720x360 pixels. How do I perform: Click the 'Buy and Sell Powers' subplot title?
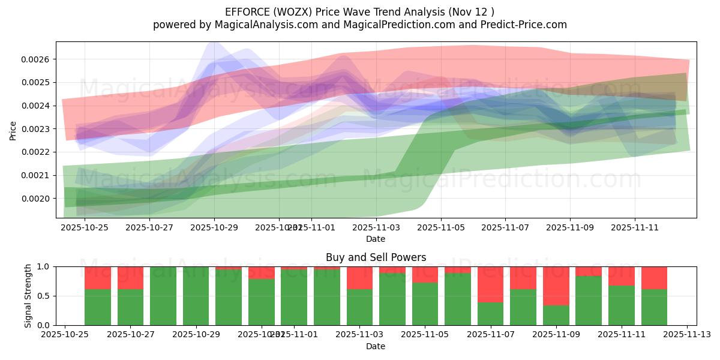[x=376, y=257]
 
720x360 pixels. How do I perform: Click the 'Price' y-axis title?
[x=13, y=130]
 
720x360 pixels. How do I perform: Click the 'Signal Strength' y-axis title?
[x=28, y=296]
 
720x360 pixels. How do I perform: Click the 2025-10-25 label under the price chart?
[x=85, y=227]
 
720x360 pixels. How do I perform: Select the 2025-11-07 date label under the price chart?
[x=505, y=227]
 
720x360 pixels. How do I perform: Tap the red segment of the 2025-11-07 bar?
[x=490, y=284]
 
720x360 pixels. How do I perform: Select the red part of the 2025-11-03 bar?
[x=359, y=278]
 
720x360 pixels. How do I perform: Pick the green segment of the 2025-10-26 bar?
[x=98, y=307]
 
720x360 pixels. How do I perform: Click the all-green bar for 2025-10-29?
[x=196, y=296]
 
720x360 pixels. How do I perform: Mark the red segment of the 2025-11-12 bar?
[x=654, y=278]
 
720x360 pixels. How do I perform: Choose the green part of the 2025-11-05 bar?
[x=425, y=304]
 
